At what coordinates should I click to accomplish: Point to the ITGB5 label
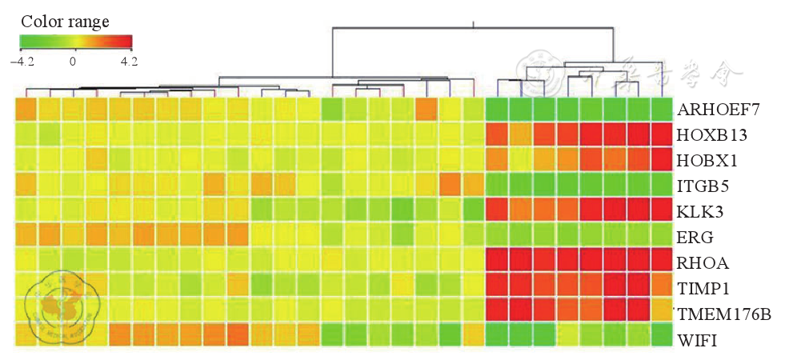(702, 186)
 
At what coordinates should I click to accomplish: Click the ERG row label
(694, 237)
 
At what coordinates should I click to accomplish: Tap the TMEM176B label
(723, 314)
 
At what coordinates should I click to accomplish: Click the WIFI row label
(696, 340)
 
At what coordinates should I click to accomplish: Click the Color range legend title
(65, 21)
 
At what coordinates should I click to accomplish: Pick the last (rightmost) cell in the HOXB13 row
(662, 134)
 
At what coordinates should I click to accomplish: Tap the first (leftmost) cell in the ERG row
(26, 236)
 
